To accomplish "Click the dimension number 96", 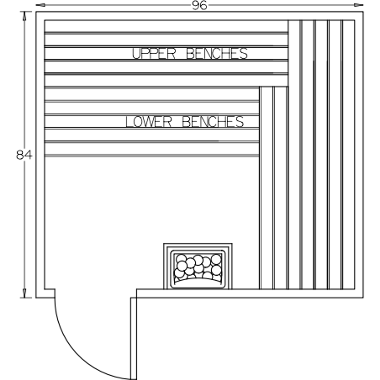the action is [200, 5].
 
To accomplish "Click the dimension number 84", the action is [24, 155].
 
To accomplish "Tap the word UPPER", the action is [154, 54].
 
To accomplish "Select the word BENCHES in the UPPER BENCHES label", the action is [217, 54].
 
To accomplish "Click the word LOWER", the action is [149, 122].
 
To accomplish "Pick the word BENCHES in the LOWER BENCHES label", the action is [213, 122].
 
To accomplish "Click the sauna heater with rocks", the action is [198, 266].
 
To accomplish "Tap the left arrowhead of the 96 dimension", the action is [40, 5].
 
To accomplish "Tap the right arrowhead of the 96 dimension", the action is [359, 5].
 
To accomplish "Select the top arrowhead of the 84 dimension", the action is [24, 16].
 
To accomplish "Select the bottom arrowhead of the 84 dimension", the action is [24, 293].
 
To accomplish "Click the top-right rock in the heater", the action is [216, 259].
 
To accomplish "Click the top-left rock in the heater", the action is [181, 259].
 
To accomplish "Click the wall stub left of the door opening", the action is [49, 293].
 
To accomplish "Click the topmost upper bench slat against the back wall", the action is [166, 26].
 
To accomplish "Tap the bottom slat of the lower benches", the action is [152, 148].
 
